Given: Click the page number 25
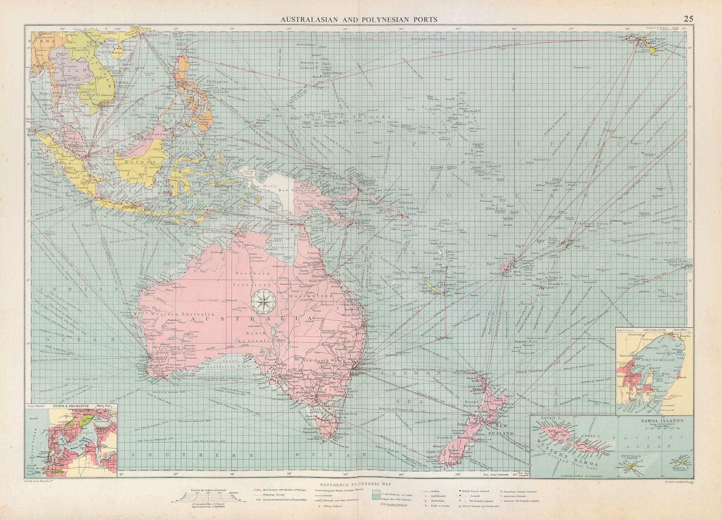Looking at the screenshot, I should (688, 19).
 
